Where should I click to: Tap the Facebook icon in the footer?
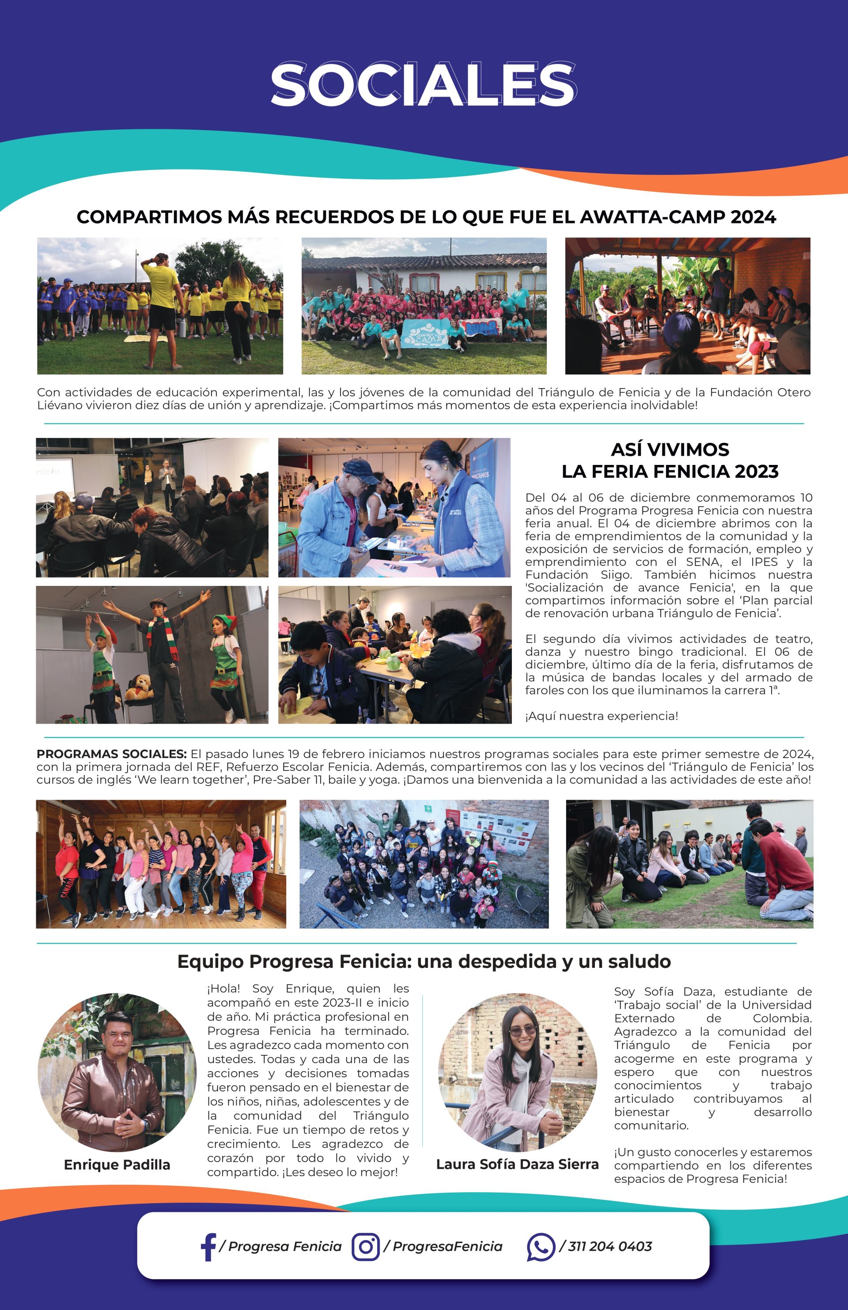pyautogui.click(x=208, y=1246)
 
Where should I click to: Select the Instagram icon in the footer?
pyautogui.click(x=366, y=1246)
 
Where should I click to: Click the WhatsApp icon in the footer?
pyautogui.click(x=540, y=1246)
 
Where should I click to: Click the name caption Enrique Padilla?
pyautogui.click(x=117, y=1164)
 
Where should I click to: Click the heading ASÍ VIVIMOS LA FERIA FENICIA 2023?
pyautogui.click(x=670, y=460)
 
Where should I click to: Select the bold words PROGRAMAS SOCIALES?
pyautogui.click(x=112, y=754)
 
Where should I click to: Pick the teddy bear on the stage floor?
pyautogui.click(x=140, y=687)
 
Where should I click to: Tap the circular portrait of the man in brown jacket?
pyautogui.click(x=117, y=1072)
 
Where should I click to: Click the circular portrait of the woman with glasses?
pyautogui.click(x=517, y=1072)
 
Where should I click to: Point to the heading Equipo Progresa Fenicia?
pyautogui.click(x=424, y=961)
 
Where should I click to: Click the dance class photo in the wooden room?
pyautogui.click(x=161, y=864)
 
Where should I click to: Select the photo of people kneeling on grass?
pyautogui.click(x=689, y=864)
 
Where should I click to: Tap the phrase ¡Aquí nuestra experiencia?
pyautogui.click(x=601, y=716)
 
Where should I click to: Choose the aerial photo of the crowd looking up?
pyautogui.click(x=424, y=864)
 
